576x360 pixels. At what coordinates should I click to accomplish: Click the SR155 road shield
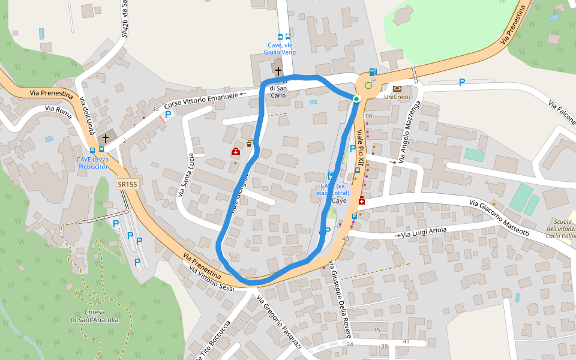point(128,185)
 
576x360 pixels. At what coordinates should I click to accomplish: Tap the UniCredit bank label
point(397,97)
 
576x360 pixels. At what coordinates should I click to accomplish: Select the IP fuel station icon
point(373,73)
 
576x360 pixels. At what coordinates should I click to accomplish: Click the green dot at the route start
point(356,99)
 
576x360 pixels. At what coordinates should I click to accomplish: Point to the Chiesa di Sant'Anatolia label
point(94,316)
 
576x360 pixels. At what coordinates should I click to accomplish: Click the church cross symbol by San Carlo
point(278,71)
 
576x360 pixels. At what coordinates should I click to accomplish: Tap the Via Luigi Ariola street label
point(424,233)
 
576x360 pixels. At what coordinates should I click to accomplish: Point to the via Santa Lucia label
point(187,175)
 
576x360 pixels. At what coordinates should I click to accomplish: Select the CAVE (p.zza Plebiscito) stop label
point(92,163)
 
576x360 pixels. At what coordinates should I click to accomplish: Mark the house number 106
point(368,116)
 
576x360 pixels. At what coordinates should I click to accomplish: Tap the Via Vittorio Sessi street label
point(211,278)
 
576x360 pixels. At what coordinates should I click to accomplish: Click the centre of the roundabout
point(368,86)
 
